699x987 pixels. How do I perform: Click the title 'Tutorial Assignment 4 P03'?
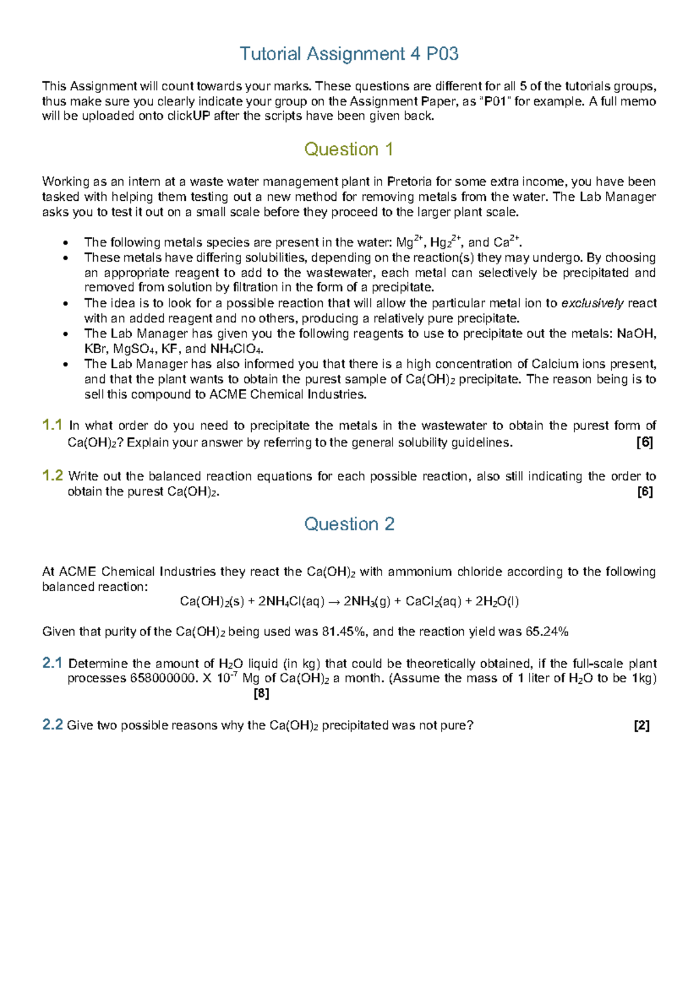[349, 54]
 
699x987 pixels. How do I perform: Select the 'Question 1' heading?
[348, 150]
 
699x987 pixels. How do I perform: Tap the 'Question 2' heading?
[349, 524]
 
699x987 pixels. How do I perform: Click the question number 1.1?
[52, 425]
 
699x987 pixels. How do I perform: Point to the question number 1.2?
[52, 475]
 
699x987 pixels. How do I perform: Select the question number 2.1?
[52, 663]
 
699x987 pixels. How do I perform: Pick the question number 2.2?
[52, 725]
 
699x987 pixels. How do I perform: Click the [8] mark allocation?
[262, 694]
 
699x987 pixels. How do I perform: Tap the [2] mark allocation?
[641, 726]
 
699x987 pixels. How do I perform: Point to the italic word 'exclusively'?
[592, 303]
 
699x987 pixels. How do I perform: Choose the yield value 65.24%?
[546, 632]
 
